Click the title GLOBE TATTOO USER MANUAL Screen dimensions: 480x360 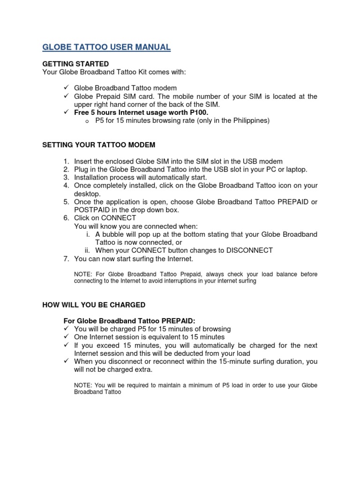coord(106,47)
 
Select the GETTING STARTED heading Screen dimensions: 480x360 coord(75,64)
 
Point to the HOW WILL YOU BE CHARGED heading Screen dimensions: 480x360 coord(94,305)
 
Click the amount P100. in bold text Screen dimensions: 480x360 coord(198,112)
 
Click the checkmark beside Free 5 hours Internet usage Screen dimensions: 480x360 coord(66,112)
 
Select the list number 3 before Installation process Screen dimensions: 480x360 coord(66,178)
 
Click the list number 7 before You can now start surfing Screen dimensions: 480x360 coord(66,259)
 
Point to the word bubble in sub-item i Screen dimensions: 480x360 coord(112,234)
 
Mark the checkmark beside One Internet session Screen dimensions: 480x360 coord(66,337)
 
